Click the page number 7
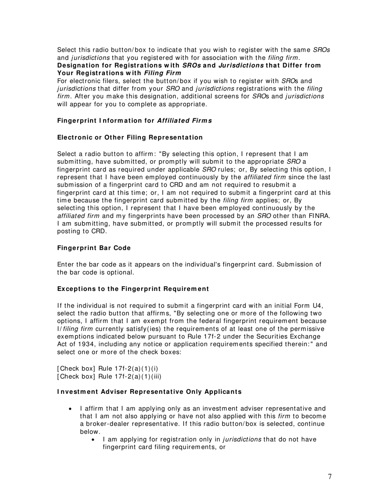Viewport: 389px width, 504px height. [x=330, y=477]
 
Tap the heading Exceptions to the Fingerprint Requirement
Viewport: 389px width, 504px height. [x=133, y=289]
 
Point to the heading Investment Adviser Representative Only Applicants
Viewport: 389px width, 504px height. [x=149, y=392]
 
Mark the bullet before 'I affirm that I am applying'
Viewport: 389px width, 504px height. [x=71, y=409]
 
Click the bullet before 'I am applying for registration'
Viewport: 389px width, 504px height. [x=94, y=440]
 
